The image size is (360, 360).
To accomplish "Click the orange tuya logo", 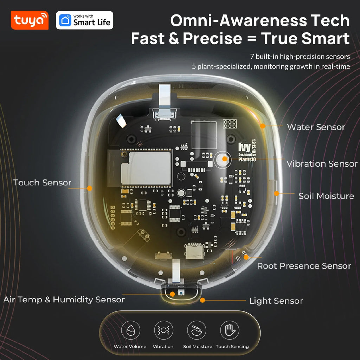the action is pos(30,20).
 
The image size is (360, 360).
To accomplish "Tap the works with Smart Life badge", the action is pos(84,20).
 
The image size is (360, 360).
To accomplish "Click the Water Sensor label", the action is pos(316,127).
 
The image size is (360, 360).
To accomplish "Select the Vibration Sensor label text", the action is pos(322,164).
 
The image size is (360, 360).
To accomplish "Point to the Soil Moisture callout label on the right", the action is pos(326,196).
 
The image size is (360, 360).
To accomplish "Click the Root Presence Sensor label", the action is pos(304,266).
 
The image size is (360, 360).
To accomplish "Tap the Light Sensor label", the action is pos(276,301).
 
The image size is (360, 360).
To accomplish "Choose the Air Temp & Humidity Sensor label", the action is pos(64,300).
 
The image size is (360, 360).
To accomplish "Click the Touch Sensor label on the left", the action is pos(42,182).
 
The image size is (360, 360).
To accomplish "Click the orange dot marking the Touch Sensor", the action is pos(90,188).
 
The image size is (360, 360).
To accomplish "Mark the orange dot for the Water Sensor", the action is pos(263,126).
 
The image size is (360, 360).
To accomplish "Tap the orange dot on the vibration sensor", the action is pos(225,159).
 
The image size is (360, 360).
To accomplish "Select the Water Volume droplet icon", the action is pos(130,330).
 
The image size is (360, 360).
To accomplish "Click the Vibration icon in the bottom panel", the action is pos(163,330).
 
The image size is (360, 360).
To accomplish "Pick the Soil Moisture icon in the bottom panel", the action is pos(197,330).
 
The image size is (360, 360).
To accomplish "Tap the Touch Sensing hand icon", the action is pos(230,330).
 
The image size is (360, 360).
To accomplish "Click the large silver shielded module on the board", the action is pos(146,168).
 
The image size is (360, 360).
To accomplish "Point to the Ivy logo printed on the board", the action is pos(244,147).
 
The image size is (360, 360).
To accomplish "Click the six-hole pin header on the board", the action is pos(230,124).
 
